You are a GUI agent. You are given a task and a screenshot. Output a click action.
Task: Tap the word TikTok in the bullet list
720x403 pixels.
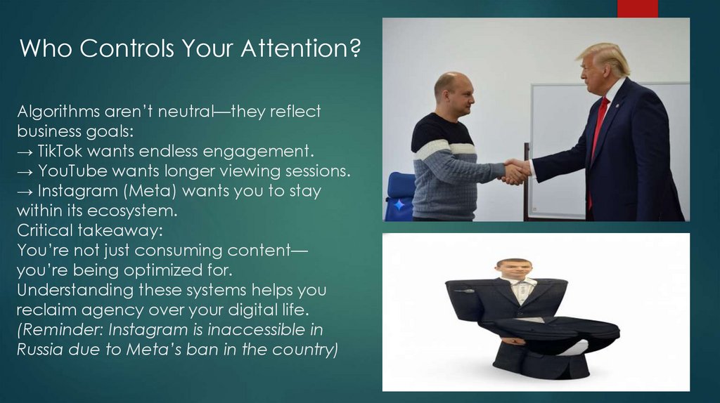[x=60, y=151]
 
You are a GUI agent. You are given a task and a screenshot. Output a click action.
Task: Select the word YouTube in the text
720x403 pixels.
[x=70, y=171]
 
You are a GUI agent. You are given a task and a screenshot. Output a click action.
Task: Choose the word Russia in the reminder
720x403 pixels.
[x=41, y=349]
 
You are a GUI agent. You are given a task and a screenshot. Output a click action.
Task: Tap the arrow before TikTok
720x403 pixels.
[x=25, y=152]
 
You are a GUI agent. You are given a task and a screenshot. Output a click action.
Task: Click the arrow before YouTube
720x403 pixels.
[x=25, y=172]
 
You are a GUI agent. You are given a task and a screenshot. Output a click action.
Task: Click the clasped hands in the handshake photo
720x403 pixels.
[x=515, y=171]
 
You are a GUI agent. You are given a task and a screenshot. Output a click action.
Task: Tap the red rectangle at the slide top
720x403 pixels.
[x=637, y=8]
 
